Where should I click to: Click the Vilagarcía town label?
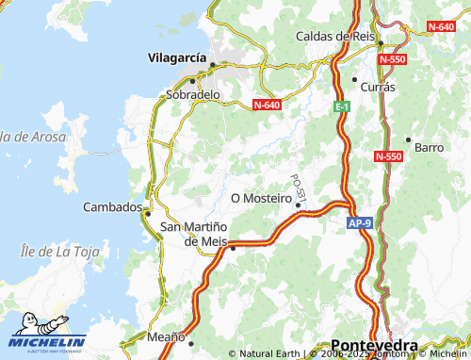click(x=177, y=57)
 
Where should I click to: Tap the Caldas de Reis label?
click(x=335, y=36)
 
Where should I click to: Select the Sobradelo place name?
click(x=192, y=94)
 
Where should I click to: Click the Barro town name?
click(x=429, y=148)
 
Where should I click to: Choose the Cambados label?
click(x=112, y=206)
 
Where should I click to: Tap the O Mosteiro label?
click(x=263, y=198)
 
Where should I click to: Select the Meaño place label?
click(x=166, y=336)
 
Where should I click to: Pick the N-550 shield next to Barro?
click(x=388, y=155)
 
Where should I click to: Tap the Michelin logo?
click(x=49, y=340)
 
